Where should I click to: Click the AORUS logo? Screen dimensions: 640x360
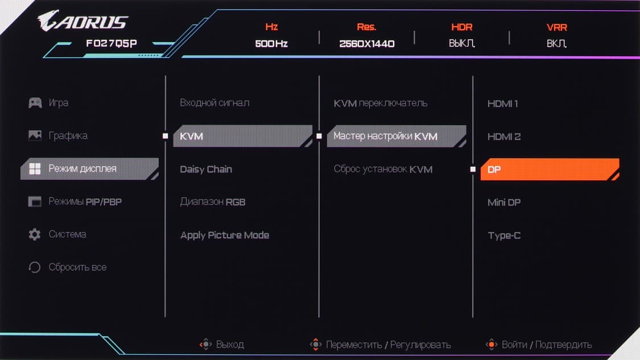pyautogui.click(x=83, y=21)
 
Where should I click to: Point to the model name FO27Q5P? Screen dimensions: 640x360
pyautogui.click(x=112, y=43)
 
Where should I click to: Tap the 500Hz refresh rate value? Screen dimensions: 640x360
pyautogui.click(x=271, y=44)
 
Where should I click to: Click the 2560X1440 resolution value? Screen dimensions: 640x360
pyautogui.click(x=366, y=44)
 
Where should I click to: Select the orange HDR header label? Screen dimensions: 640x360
pyautogui.click(x=461, y=27)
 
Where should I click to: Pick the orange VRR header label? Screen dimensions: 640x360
pyautogui.click(x=557, y=27)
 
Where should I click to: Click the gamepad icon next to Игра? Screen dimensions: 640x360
pyautogui.click(x=35, y=102)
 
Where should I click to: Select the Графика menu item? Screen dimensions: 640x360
pyautogui.click(x=68, y=135)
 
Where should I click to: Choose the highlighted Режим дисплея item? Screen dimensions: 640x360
pyautogui.click(x=89, y=168)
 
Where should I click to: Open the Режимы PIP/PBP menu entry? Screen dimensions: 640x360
pyautogui.click(x=85, y=201)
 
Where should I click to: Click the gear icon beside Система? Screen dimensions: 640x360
pyautogui.click(x=35, y=234)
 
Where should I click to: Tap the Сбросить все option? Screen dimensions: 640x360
pyautogui.click(x=77, y=267)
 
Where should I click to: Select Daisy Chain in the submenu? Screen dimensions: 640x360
pyautogui.click(x=206, y=169)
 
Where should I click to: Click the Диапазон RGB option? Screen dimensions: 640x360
pyautogui.click(x=213, y=202)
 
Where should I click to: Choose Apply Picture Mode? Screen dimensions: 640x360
pyautogui.click(x=225, y=235)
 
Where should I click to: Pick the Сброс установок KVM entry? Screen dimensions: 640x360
pyautogui.click(x=383, y=169)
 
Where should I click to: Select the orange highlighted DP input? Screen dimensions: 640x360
pyautogui.click(x=550, y=169)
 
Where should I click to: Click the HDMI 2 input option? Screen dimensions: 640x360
pyautogui.click(x=504, y=136)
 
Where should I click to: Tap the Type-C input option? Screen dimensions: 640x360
pyautogui.click(x=504, y=235)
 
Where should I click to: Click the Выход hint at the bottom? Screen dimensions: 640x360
pyautogui.click(x=230, y=345)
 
